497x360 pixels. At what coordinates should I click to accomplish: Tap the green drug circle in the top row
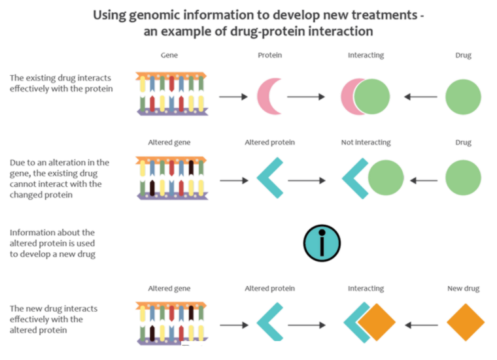click(464, 97)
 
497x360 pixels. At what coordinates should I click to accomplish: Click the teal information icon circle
click(322, 243)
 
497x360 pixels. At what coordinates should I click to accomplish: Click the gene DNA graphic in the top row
click(171, 95)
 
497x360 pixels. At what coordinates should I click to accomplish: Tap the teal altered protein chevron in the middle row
click(268, 178)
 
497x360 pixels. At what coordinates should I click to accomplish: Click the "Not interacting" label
click(366, 142)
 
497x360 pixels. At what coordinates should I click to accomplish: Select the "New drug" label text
click(464, 288)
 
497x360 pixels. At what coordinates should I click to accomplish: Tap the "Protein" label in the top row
click(270, 56)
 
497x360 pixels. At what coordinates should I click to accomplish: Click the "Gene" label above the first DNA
click(169, 56)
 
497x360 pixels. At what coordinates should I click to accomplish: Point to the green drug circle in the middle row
click(464, 178)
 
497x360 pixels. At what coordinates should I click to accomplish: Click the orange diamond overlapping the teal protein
click(377, 322)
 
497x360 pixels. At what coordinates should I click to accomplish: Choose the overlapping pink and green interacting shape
click(365, 97)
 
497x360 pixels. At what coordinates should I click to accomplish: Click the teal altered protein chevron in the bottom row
click(268, 322)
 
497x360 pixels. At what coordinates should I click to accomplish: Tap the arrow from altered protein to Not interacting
click(307, 179)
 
